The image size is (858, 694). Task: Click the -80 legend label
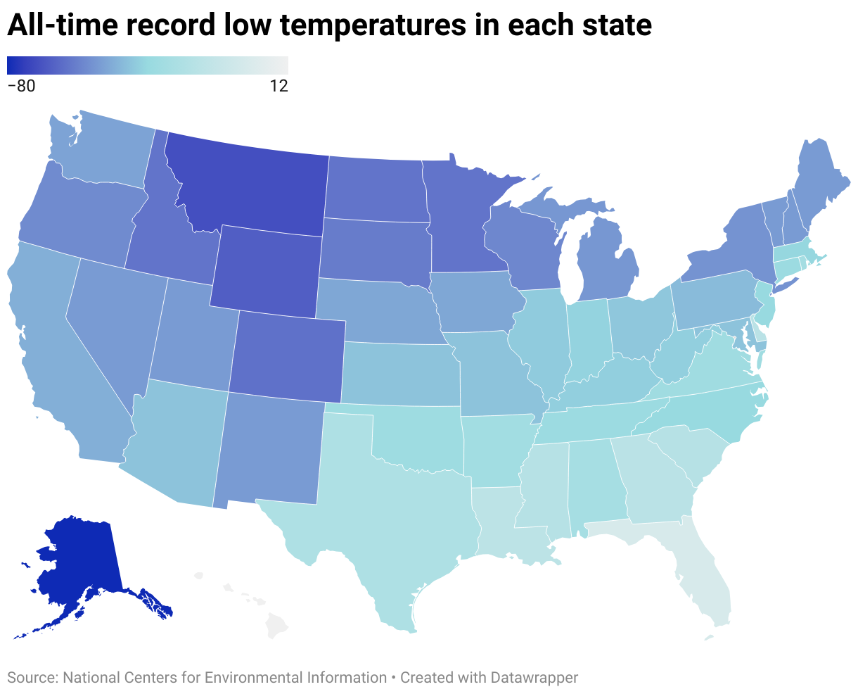coord(21,87)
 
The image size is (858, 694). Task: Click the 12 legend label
coord(278,87)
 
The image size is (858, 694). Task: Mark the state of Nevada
coord(113,317)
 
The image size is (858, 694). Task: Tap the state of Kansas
coord(401,373)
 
